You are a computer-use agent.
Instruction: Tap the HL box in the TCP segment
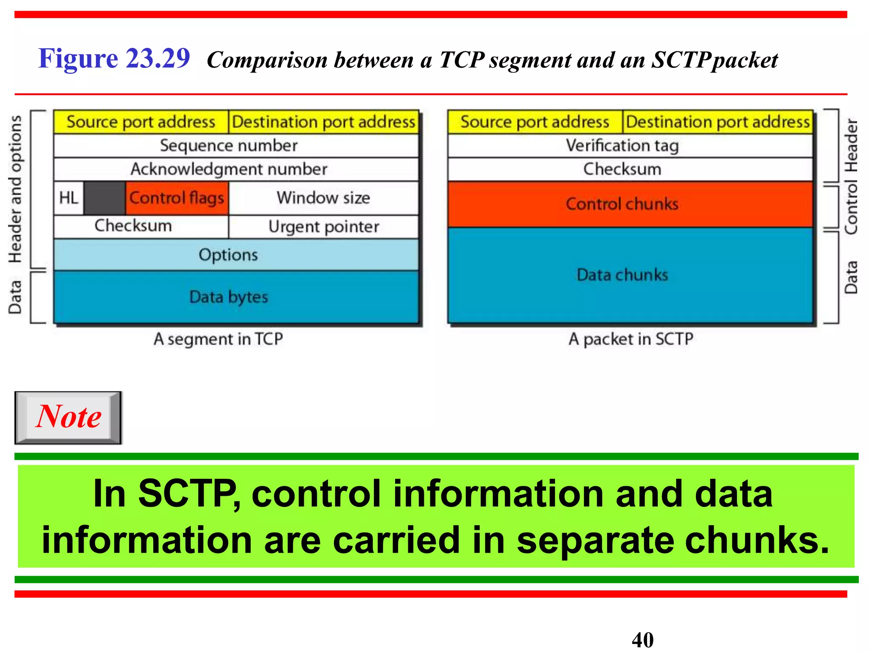coord(69,198)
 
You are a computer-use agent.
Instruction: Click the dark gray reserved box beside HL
coord(104,198)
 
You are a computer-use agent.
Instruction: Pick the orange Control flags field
coord(177,198)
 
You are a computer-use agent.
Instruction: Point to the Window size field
coord(323,198)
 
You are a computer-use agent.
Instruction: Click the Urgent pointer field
coord(323,227)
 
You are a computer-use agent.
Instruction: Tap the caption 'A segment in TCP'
coord(218,339)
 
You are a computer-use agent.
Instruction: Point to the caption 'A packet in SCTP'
coord(631,339)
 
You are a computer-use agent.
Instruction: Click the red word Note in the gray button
coord(69,417)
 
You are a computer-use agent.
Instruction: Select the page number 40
coord(642,640)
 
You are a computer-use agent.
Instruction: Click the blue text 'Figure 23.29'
coord(114,58)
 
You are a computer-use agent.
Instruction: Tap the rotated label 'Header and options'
coord(15,189)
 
